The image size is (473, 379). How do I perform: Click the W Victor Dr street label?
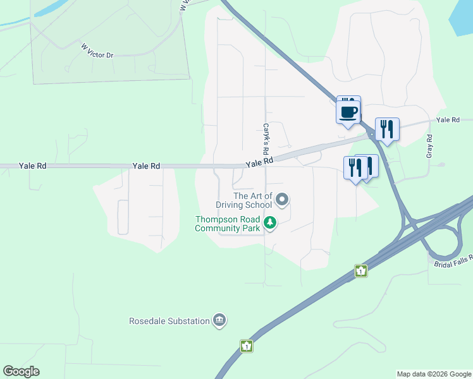coord(97,51)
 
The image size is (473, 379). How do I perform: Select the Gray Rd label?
coord(429,147)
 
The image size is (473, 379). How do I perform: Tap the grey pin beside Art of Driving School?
coord(282,200)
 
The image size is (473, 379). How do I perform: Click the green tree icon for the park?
coord(271,222)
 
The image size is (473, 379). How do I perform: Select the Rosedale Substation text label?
coord(169,321)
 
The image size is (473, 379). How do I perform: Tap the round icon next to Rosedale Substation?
coord(219,320)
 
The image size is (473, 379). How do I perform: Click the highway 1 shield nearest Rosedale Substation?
coord(246,346)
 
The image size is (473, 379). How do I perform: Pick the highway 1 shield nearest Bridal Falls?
coord(360,270)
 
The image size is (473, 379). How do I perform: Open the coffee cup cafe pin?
coord(348,112)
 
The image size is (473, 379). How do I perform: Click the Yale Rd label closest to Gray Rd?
coord(446,120)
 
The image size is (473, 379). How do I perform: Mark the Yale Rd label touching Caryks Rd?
coord(259,162)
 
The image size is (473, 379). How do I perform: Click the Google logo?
coord(21,371)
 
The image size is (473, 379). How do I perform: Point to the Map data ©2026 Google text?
coord(434,374)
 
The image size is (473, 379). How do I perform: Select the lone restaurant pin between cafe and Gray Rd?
coord(387,129)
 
